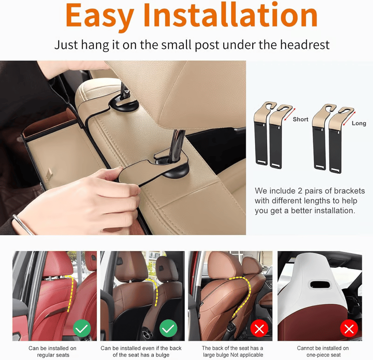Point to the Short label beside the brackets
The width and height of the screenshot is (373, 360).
click(301, 119)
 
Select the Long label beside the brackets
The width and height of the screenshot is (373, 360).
click(359, 123)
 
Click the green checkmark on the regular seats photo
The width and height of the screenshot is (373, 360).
click(82, 329)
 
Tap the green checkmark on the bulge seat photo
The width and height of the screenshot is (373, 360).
click(168, 329)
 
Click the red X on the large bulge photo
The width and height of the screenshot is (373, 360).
click(259, 329)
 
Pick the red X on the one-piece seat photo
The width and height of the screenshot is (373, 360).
click(349, 329)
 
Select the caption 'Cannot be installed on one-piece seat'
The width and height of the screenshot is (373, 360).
click(323, 352)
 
